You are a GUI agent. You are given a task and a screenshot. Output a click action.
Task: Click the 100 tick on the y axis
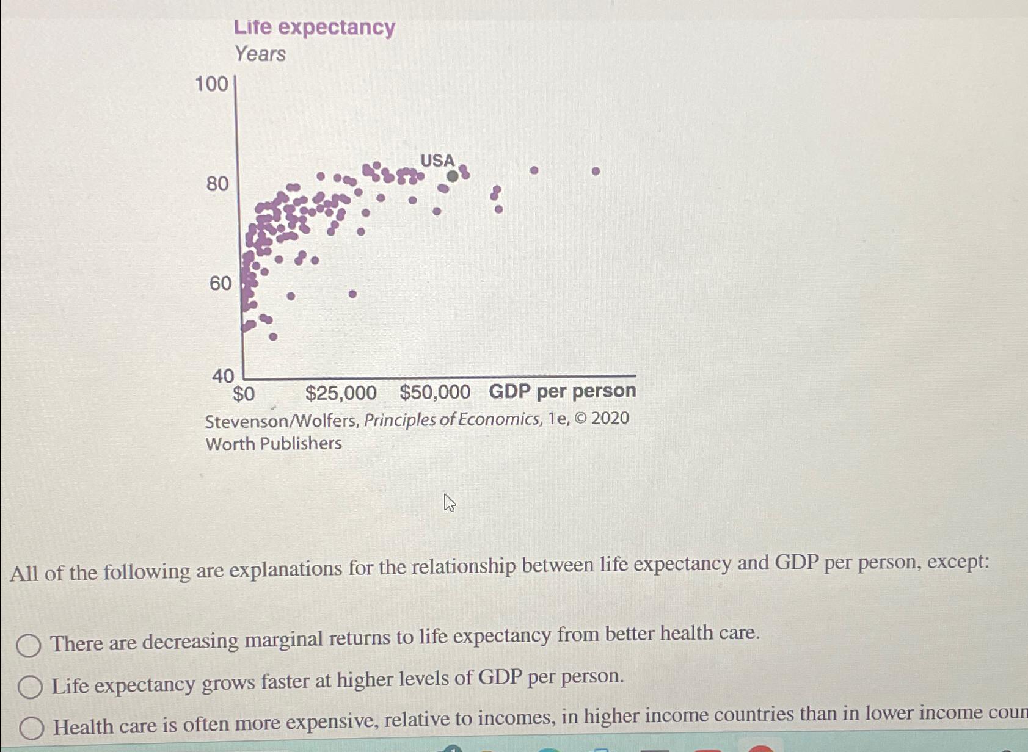[211, 84]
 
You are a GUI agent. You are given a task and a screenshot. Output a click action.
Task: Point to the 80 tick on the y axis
[217, 183]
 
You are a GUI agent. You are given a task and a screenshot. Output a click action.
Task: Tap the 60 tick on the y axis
[220, 283]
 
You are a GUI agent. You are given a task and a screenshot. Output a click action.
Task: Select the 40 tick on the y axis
[223, 376]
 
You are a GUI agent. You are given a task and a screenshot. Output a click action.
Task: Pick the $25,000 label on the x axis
[341, 393]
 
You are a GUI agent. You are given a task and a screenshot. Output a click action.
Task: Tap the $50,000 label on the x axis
[435, 392]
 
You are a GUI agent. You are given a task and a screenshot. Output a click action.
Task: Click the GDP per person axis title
[562, 391]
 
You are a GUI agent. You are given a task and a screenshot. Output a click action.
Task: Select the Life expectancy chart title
[315, 27]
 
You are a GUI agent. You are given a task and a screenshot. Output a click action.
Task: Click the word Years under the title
[260, 54]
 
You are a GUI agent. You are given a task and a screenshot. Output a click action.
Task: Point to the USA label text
[437, 161]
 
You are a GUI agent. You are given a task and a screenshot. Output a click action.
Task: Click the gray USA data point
[452, 176]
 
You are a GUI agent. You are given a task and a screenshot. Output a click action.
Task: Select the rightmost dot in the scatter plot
[596, 172]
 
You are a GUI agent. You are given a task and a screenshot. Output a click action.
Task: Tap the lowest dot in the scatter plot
[273, 337]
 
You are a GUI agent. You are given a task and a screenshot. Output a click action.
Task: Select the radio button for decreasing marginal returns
[28, 645]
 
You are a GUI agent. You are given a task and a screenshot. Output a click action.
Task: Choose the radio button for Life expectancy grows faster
[29, 687]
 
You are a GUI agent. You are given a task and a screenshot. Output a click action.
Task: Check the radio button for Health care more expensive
[31, 728]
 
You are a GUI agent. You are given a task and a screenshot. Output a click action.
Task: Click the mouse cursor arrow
[450, 503]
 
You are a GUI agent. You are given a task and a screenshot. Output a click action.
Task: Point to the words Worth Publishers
[274, 444]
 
